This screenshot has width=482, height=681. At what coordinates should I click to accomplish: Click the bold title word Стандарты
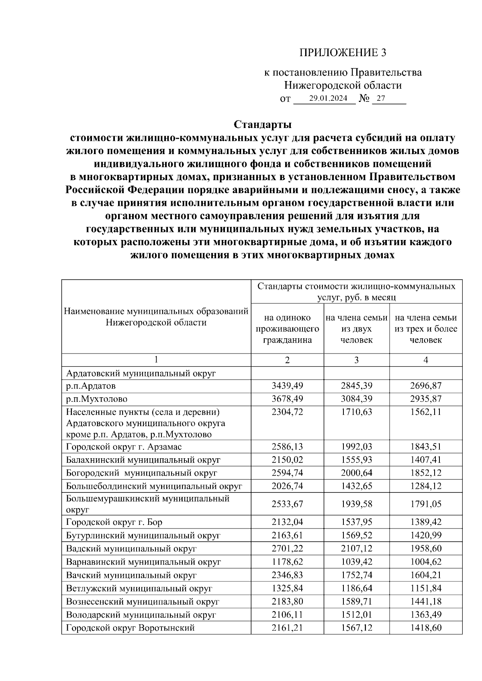point(263,124)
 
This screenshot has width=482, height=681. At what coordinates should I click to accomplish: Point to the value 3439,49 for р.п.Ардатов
point(287,386)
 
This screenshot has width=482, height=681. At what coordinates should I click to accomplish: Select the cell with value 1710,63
point(356,412)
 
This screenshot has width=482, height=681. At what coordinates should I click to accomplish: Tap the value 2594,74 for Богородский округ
point(287,473)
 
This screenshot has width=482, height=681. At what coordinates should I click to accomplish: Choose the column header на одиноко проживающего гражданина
point(287,329)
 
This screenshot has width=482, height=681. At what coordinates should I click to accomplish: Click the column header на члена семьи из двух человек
point(356,329)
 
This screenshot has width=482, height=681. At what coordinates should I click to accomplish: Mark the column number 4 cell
point(425,360)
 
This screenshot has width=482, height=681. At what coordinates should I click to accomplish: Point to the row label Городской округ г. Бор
point(114,522)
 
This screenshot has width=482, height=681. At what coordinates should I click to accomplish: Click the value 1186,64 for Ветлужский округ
point(356,588)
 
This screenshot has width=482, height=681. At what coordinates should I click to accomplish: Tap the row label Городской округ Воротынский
point(130,628)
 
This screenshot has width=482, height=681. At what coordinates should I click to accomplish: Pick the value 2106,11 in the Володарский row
point(287,614)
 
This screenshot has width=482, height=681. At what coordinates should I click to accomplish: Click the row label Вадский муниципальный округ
point(131,549)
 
